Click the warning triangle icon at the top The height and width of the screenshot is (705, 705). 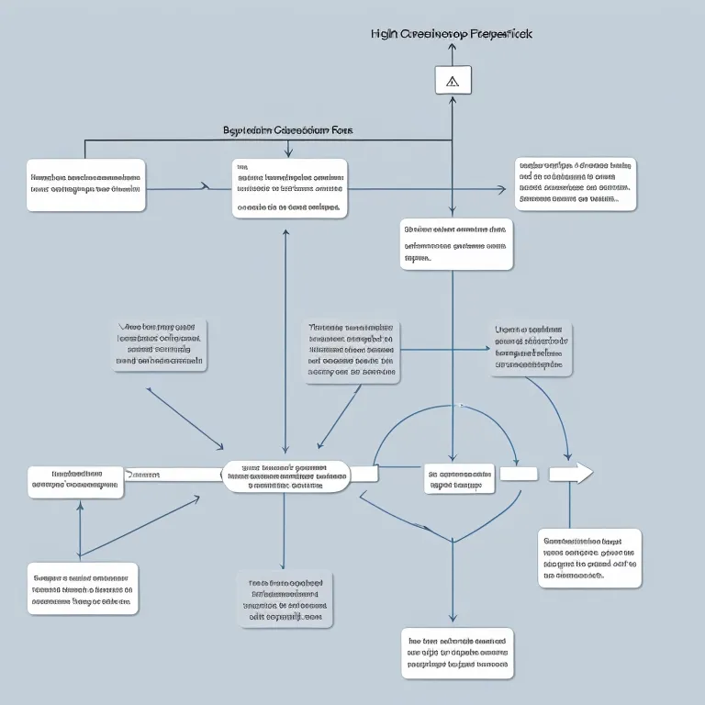click(x=452, y=81)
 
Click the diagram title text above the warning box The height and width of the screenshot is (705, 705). click(x=451, y=33)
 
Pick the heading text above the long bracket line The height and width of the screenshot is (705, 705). click(x=287, y=130)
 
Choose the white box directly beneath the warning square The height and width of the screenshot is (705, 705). click(x=456, y=244)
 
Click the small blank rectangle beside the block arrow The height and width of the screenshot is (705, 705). click(x=518, y=474)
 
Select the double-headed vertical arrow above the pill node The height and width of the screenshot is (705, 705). click(x=285, y=340)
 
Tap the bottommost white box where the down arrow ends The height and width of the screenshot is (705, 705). click(x=457, y=654)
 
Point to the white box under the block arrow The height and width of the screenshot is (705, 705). click(x=588, y=557)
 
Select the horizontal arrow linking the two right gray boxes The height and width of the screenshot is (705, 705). click(x=444, y=349)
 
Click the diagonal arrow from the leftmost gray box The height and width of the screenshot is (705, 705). click(x=184, y=417)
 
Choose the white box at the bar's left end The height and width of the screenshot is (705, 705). click(x=75, y=482)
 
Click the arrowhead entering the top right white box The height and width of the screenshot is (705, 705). click(x=500, y=190)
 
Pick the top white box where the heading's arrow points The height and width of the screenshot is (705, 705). click(x=289, y=188)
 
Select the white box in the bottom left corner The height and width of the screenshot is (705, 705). click(x=84, y=588)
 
